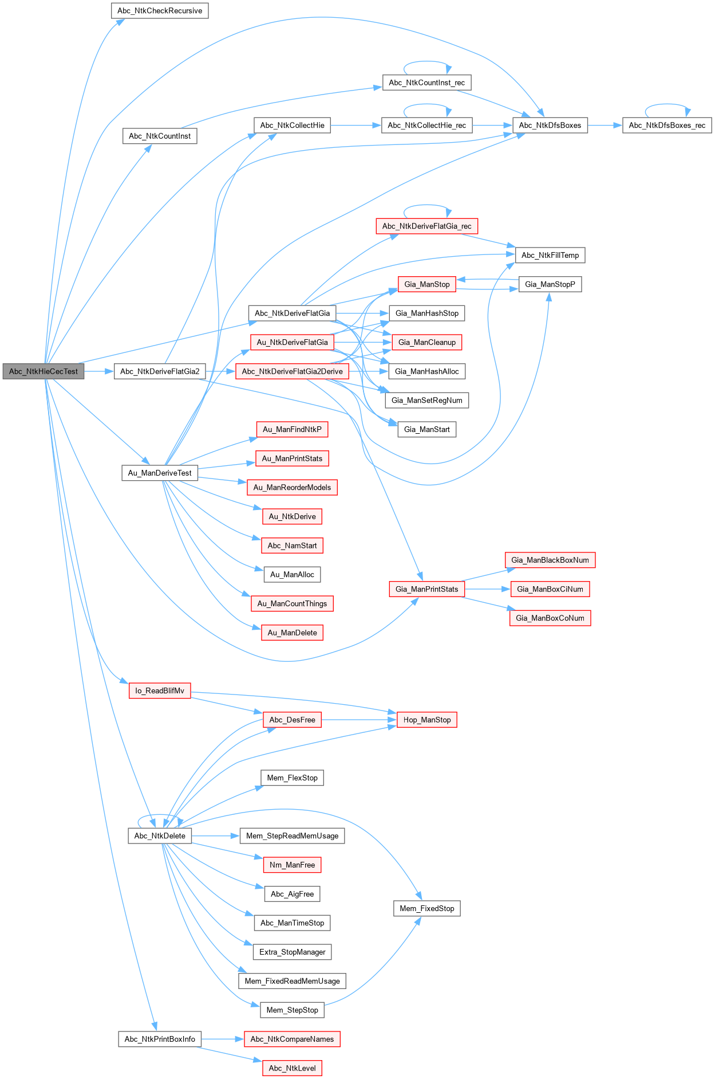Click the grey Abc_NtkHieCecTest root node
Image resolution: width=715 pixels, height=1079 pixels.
(44, 371)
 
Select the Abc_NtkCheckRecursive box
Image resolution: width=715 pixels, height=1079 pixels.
(160, 11)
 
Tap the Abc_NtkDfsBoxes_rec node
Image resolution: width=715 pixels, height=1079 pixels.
(667, 125)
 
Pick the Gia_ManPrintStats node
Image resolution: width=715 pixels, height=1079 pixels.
(426, 589)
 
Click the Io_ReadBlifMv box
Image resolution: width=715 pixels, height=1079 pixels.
(160, 691)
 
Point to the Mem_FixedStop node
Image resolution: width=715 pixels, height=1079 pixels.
(426, 908)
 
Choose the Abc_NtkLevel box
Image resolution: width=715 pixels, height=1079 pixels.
(292, 1068)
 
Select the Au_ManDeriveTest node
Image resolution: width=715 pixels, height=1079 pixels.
(160, 473)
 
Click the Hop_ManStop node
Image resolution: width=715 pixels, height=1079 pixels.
(426, 720)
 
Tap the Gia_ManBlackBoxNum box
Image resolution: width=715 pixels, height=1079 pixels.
(550, 560)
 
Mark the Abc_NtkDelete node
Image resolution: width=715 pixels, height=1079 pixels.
(160, 836)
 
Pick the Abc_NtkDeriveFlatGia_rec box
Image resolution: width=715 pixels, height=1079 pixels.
(426, 226)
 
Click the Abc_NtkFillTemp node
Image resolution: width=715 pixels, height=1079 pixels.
(550, 256)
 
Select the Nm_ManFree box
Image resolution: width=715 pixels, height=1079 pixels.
(292, 865)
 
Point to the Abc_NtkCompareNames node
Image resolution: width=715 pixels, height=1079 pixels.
(292, 1039)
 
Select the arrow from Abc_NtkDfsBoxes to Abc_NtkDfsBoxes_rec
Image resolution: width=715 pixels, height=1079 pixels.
(605, 125)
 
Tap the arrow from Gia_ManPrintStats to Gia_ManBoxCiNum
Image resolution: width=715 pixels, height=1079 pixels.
(487, 589)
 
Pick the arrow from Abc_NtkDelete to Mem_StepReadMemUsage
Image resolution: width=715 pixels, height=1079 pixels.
(215, 836)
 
